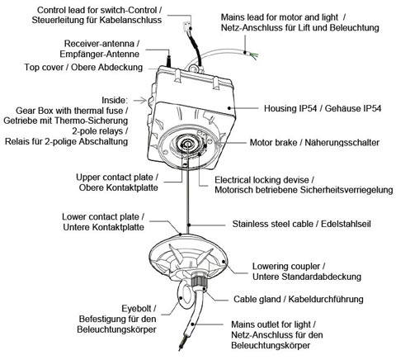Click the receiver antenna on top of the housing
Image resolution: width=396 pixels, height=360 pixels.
[168, 60]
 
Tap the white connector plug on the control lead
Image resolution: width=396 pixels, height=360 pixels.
[187, 26]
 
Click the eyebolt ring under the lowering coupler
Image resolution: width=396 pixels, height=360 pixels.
[182, 296]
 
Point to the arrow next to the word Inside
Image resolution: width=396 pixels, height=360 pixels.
[140, 100]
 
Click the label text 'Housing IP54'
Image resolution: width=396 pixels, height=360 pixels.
[290, 108]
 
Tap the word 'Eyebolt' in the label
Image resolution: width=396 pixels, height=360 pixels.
[136, 309]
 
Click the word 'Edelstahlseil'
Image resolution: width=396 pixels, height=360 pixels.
[346, 224]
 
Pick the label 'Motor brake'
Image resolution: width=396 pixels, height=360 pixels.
[273, 143]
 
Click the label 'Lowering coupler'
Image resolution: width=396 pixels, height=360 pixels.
[286, 267]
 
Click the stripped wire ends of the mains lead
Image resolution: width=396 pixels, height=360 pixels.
[252, 54]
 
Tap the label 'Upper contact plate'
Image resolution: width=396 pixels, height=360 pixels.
[115, 178]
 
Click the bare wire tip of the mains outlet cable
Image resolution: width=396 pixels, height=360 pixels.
[181, 346]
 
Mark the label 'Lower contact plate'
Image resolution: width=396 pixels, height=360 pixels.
[100, 217]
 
